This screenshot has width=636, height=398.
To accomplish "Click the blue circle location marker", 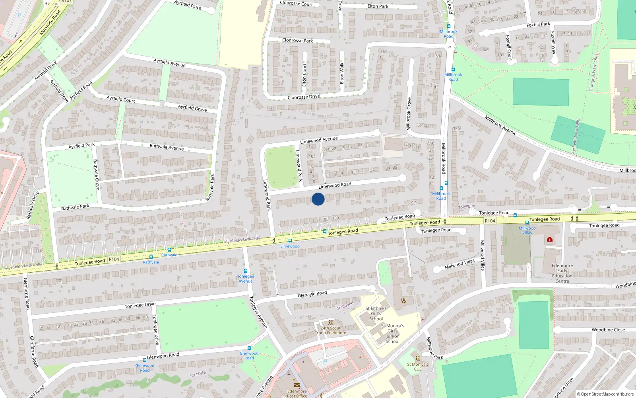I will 318,199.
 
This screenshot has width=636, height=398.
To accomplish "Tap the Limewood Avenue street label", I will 319,140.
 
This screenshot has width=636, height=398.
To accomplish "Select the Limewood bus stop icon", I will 290,241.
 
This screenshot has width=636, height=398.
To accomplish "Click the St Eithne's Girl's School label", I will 376,314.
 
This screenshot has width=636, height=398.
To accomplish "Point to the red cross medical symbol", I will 550,240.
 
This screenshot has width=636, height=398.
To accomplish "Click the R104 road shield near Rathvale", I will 114,259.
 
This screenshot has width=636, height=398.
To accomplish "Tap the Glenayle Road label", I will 312,294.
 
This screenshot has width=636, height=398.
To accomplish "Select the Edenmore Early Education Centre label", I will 562,273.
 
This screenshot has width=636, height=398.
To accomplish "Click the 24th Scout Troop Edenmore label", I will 330,331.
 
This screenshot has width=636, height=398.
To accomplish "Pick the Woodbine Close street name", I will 608,330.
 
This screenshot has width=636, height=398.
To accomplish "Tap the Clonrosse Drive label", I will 303,97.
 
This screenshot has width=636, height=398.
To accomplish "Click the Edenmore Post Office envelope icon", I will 297,385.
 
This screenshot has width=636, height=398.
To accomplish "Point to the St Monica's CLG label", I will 417,367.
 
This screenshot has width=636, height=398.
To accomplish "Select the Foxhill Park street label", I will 538,25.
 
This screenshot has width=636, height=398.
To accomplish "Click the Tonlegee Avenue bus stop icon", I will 245,271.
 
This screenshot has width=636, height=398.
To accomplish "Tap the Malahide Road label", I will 50,23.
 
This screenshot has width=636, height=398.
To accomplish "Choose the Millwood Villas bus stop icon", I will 527,223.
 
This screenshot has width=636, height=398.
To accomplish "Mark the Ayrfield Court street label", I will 120,99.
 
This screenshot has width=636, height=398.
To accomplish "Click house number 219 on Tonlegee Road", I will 414,202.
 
